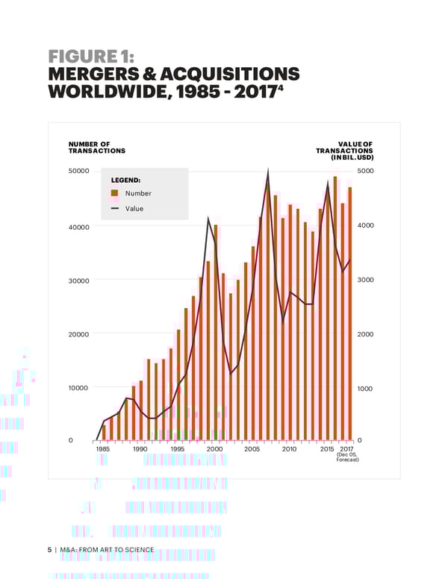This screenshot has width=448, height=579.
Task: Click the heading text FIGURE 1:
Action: pos(90,57)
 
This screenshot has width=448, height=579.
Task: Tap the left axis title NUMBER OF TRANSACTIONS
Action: pos(96,147)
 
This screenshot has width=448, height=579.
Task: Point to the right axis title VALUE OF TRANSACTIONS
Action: pos(345,151)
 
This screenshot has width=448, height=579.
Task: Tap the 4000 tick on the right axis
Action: pos(365,226)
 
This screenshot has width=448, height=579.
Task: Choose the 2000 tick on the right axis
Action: pos(365,334)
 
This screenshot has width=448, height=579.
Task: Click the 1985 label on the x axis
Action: pos(102,449)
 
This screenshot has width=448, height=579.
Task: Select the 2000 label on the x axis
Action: pos(215,449)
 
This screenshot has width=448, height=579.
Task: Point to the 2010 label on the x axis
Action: pos(290,449)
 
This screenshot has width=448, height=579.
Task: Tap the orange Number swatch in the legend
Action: pos(114,193)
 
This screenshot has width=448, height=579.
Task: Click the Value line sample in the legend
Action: pos(114,208)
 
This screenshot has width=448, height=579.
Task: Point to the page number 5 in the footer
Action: pos(49,550)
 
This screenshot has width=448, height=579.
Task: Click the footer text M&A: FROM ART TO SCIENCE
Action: pos(108,550)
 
